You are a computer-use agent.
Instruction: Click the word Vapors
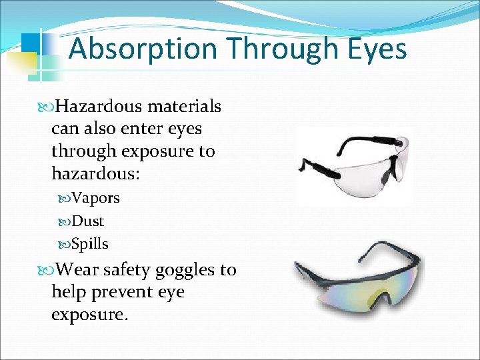(x=95, y=198)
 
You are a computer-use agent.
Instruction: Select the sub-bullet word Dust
(x=87, y=221)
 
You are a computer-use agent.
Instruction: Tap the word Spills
(x=89, y=243)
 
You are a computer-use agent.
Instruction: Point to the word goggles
(x=186, y=271)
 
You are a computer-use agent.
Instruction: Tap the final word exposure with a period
(x=89, y=314)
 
